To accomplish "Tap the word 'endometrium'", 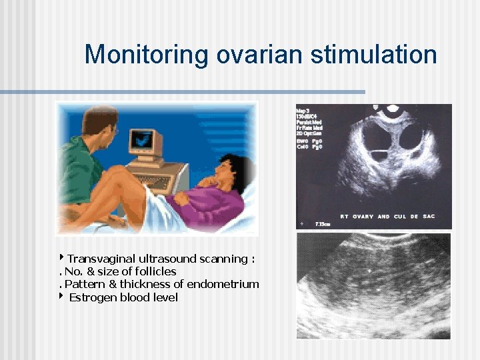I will click(x=223, y=284).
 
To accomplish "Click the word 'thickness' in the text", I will click(x=141, y=284).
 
